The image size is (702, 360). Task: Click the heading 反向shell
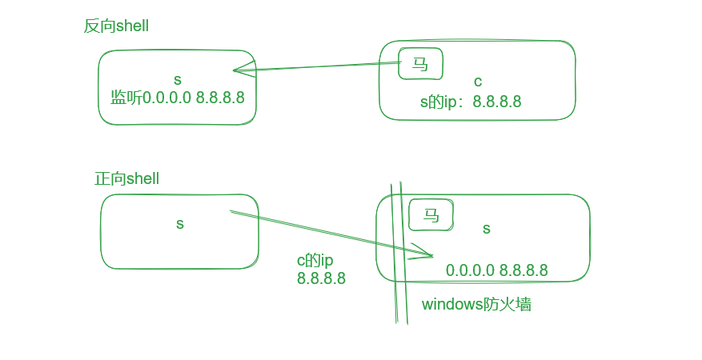click(x=116, y=26)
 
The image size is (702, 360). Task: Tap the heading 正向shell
click(x=126, y=179)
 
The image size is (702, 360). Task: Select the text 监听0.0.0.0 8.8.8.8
click(x=177, y=98)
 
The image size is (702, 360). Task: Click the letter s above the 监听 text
click(x=177, y=79)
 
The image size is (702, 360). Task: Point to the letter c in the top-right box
click(x=478, y=82)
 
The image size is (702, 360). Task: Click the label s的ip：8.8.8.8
click(x=471, y=102)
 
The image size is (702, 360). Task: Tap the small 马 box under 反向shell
click(x=420, y=65)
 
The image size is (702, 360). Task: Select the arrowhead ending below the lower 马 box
click(x=429, y=256)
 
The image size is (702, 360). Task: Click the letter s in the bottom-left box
click(x=179, y=224)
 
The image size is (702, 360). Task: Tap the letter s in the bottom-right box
click(x=486, y=229)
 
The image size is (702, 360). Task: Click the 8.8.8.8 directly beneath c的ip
click(x=321, y=278)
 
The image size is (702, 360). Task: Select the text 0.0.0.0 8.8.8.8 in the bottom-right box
click(x=496, y=270)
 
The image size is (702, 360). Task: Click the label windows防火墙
click(x=476, y=304)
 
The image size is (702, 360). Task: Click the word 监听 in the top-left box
click(x=124, y=98)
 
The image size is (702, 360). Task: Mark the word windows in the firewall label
click(x=450, y=304)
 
